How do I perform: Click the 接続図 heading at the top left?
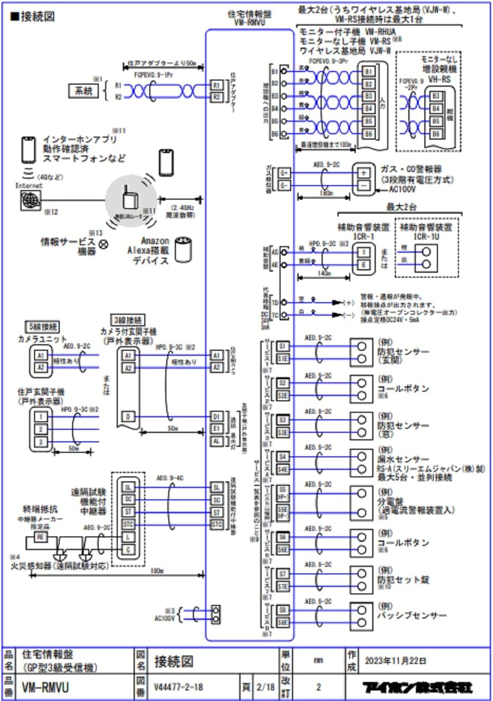(33, 17)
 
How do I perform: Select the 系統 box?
(84, 91)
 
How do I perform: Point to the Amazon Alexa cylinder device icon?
(184, 249)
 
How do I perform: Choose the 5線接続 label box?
(43, 327)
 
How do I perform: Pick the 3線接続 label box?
(127, 320)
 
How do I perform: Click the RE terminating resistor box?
(40, 537)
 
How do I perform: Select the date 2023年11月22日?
(395, 660)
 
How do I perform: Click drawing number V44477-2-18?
(178, 687)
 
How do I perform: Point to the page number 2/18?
(265, 687)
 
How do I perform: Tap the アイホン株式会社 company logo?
(417, 687)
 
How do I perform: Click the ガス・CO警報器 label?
(411, 169)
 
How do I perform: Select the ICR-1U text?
(426, 236)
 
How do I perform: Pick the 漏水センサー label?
(403, 459)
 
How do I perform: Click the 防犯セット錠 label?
(403, 580)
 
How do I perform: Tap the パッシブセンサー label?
(411, 615)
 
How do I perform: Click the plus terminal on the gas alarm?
(364, 173)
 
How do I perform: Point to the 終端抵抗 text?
(40, 509)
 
